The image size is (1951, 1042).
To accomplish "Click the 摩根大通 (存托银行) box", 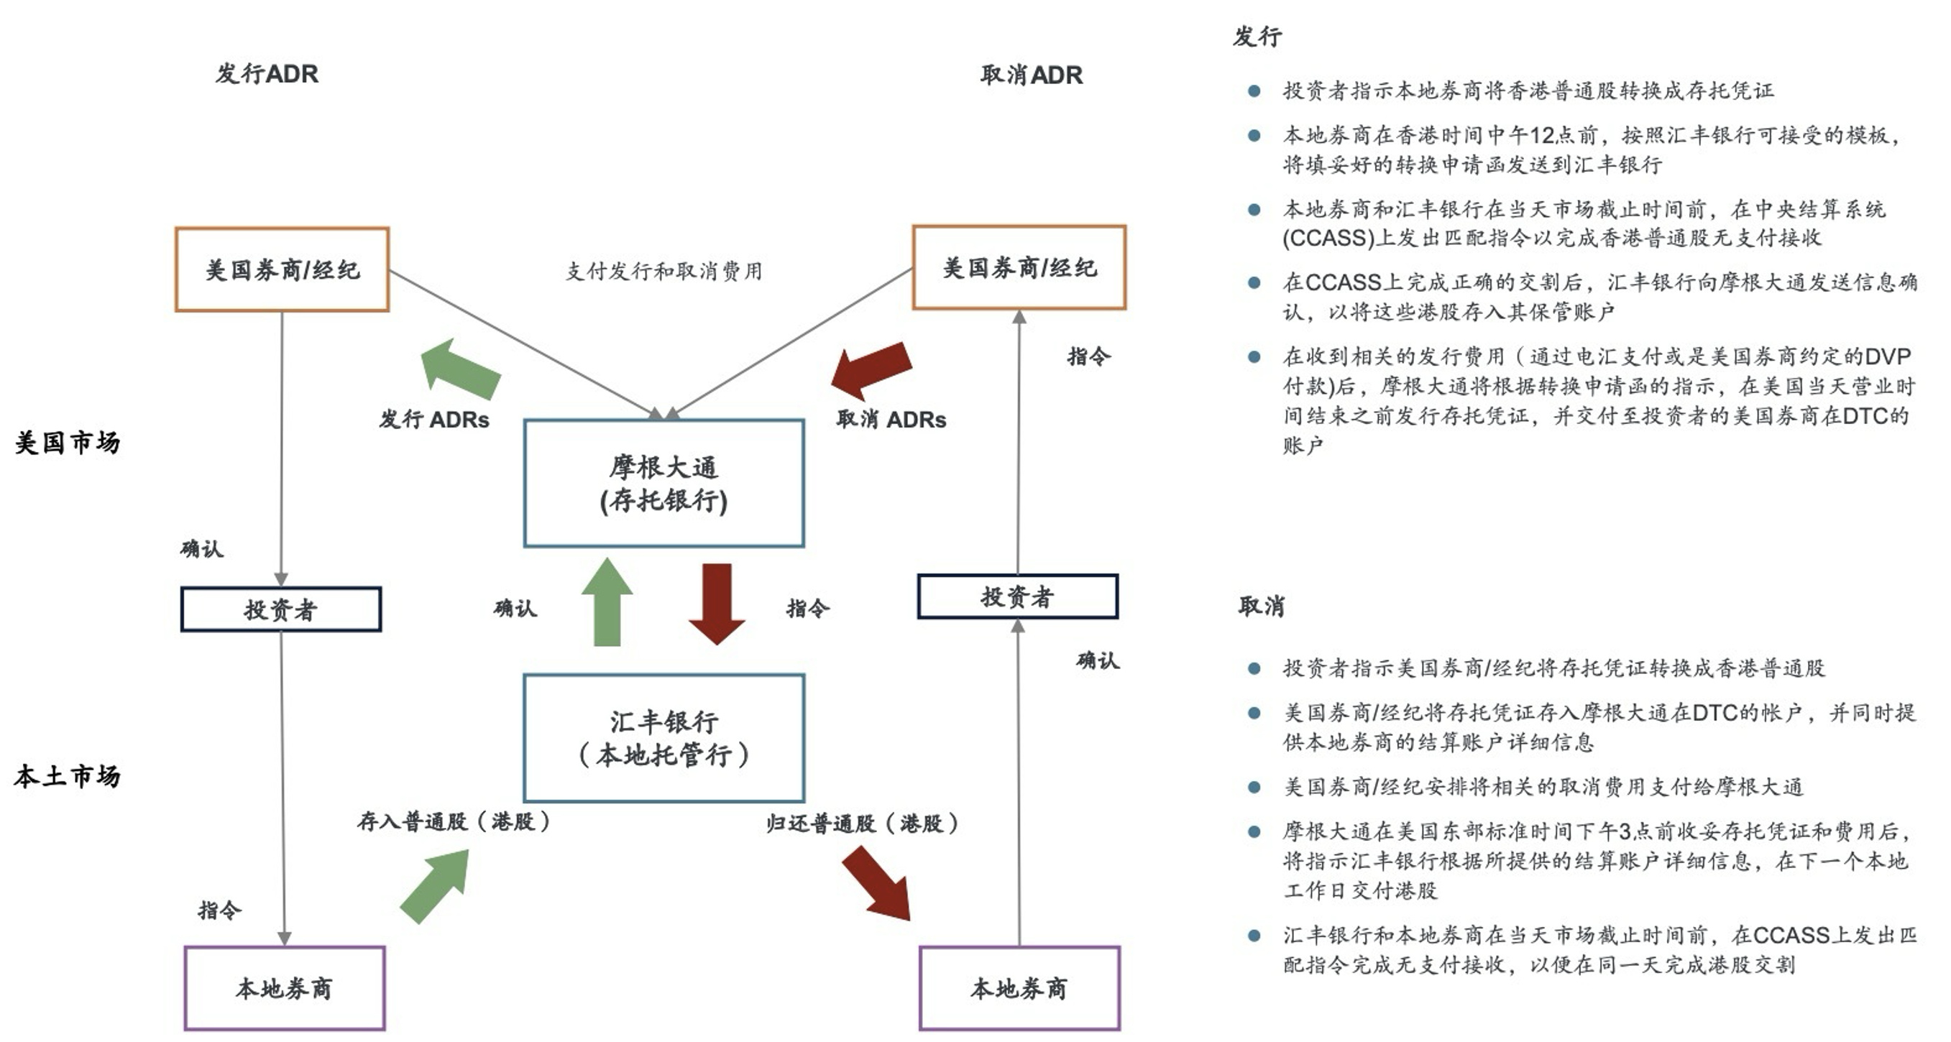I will coord(664,483).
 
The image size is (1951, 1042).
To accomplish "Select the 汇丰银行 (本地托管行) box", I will coord(664,737).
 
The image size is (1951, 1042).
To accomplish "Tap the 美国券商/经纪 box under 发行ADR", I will coord(282,269).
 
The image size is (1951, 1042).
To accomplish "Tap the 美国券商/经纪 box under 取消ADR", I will coord(1019,267).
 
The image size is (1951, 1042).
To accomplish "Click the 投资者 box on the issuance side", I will coord(280,609).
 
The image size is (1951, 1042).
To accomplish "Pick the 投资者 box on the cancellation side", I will coord(1017,596).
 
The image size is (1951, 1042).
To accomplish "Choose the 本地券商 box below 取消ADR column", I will coord(1019,988).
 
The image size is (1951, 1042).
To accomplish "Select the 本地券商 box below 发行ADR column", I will coord(284,988).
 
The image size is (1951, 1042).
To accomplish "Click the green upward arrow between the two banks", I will coord(607,603).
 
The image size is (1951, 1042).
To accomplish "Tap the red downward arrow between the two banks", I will coord(717,603).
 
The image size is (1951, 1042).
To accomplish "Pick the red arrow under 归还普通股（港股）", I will coord(877,883).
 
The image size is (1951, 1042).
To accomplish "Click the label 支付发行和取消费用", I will coord(664,271).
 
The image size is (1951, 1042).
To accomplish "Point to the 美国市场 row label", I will coord(68,442).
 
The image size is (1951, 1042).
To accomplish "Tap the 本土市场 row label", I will coord(68,776).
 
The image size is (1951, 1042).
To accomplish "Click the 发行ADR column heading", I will coord(267,74).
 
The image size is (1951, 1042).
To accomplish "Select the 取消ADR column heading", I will coord(1031,75).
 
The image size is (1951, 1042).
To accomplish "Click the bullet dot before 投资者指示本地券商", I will coord(1254,91).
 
